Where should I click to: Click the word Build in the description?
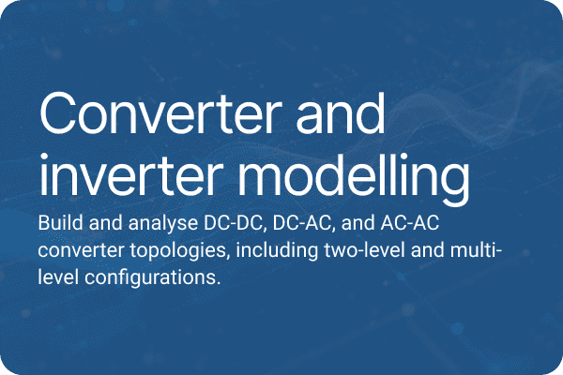pyautogui.click(x=58, y=225)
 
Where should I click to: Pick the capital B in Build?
pyautogui.click(x=43, y=225)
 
